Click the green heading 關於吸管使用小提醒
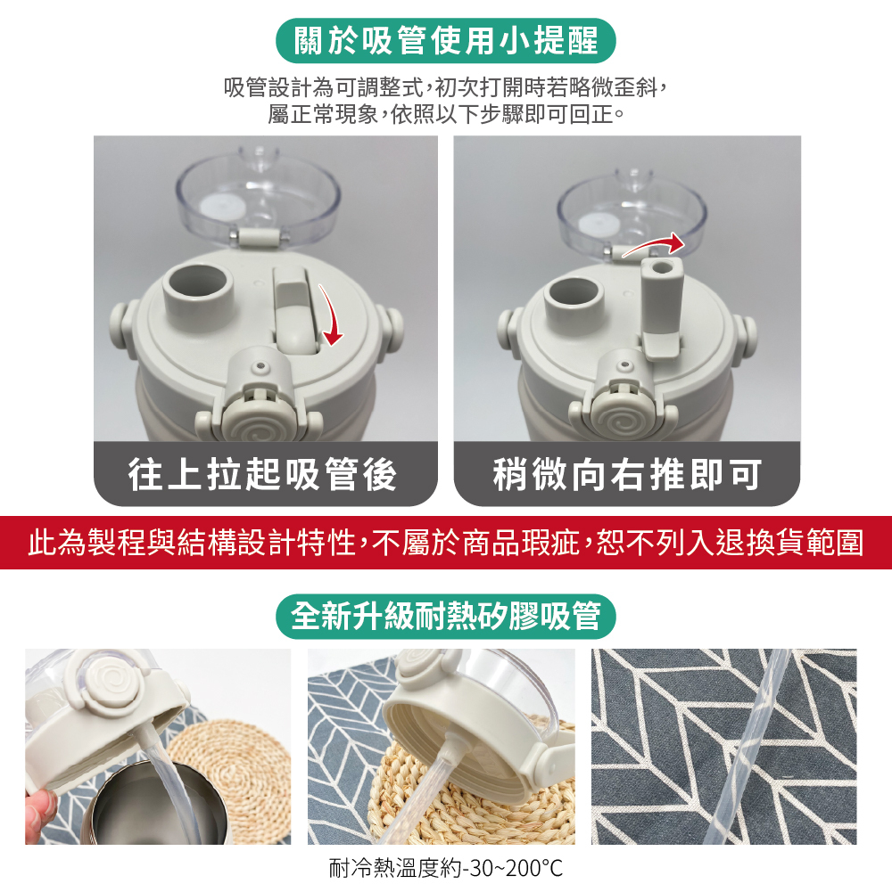[445, 41]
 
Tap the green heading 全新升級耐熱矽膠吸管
[445, 616]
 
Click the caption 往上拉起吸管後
[262, 474]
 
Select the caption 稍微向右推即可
[627, 474]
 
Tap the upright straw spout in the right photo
[661, 307]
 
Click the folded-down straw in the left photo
[296, 310]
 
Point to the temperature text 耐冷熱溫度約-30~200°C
[445, 869]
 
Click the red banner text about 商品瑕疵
[445, 542]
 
